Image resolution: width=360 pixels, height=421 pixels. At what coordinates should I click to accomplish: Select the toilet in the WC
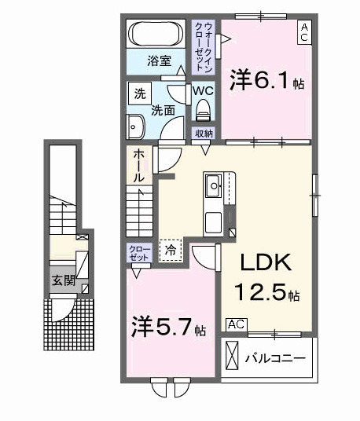204,106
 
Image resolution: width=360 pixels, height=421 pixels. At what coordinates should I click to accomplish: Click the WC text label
204,90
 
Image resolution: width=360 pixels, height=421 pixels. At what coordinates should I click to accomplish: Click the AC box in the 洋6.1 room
303,31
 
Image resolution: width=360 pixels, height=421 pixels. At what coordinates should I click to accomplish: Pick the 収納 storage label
204,134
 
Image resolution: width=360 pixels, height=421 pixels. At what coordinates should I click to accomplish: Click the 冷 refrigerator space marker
170,249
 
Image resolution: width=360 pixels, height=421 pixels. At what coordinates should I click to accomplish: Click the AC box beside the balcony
235,324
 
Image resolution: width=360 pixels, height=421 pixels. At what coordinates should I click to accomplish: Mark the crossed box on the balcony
233,357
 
